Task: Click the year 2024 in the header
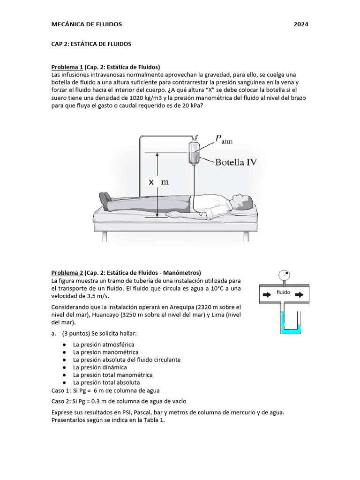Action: (301, 24)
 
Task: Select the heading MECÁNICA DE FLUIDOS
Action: (86, 24)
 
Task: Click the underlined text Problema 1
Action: (67, 67)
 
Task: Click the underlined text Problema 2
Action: (67, 273)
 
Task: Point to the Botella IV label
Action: (235, 163)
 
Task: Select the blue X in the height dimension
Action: (151, 182)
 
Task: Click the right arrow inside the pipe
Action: (300, 295)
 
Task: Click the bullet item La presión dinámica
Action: (100, 367)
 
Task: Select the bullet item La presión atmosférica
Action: (103, 345)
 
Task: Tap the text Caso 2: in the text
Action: (61, 401)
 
